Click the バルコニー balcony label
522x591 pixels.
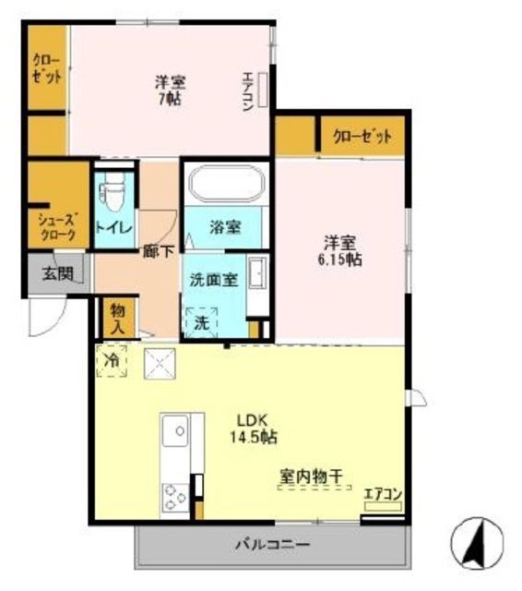(x=271, y=545)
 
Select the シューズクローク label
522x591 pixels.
(x=57, y=227)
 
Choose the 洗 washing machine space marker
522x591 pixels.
(x=201, y=321)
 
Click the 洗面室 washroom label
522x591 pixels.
(x=214, y=278)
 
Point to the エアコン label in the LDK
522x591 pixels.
(x=383, y=495)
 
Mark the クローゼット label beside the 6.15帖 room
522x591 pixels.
(x=362, y=137)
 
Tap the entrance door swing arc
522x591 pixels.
(x=44, y=320)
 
